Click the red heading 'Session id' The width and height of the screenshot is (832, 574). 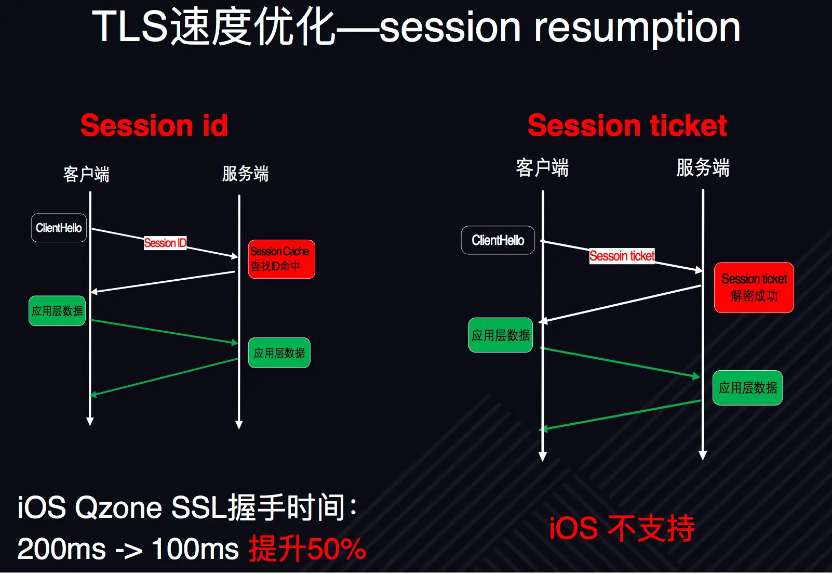click(x=154, y=126)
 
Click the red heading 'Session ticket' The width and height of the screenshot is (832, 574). click(x=627, y=126)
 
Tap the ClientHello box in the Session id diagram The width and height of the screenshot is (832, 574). click(x=59, y=228)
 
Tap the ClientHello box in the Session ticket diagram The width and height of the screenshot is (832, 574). click(x=498, y=240)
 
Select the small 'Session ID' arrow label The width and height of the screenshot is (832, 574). click(x=165, y=243)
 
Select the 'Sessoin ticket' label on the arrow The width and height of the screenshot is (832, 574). click(x=622, y=256)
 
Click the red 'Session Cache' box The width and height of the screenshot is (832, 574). click(x=281, y=259)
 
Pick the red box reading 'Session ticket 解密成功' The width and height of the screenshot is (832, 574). click(x=754, y=288)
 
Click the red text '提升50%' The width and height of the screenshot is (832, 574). click(x=307, y=549)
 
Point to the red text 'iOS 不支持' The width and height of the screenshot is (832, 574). click(x=622, y=528)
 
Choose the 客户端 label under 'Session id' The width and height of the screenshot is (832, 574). click(x=86, y=174)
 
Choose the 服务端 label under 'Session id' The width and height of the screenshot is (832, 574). click(x=245, y=174)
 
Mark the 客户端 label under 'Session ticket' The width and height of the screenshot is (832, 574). click(x=542, y=168)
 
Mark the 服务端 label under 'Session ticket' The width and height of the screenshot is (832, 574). click(x=703, y=168)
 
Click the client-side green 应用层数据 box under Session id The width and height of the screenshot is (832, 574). click(x=57, y=311)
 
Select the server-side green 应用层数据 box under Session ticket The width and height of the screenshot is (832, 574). click(x=747, y=388)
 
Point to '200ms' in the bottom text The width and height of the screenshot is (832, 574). click(x=61, y=549)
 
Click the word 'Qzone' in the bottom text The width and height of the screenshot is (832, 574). click(x=118, y=507)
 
